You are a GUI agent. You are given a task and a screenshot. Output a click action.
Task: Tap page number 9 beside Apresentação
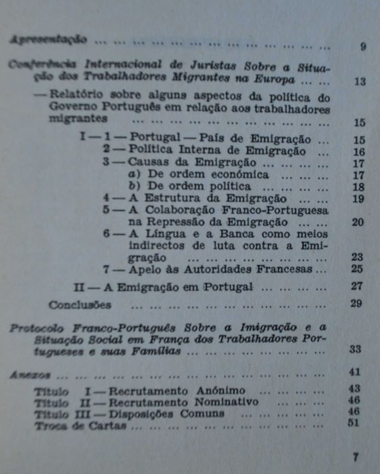tap(363, 47)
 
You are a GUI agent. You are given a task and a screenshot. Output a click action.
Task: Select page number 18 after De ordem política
tap(359, 186)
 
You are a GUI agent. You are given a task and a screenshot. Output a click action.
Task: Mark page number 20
tap(358, 222)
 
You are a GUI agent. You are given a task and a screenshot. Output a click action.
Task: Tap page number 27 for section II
tap(358, 285)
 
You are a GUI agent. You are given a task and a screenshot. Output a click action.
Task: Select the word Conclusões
tap(79, 304)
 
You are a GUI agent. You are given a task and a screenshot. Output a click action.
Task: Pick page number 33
tap(356, 350)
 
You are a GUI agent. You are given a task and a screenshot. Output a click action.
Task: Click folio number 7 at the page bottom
tap(356, 457)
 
